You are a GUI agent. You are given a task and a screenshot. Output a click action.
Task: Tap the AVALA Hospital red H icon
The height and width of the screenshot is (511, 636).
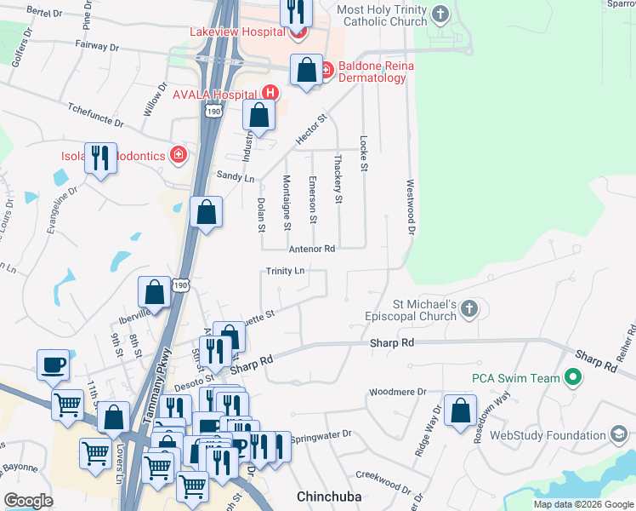[270, 93]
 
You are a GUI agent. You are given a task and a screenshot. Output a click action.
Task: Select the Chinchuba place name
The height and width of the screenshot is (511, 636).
[329, 495]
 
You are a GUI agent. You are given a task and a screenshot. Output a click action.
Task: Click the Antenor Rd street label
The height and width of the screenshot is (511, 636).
[312, 249]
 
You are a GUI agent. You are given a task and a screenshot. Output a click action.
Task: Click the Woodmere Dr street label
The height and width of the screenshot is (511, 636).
[396, 393]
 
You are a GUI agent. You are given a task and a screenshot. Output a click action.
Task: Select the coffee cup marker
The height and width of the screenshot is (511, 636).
[54, 364]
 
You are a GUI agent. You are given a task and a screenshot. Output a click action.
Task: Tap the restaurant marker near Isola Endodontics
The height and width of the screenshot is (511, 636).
[101, 158]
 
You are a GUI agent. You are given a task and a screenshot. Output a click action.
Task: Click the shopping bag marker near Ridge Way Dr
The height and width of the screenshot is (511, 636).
[459, 411]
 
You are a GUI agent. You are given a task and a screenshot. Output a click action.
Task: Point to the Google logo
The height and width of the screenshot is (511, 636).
[29, 500]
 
